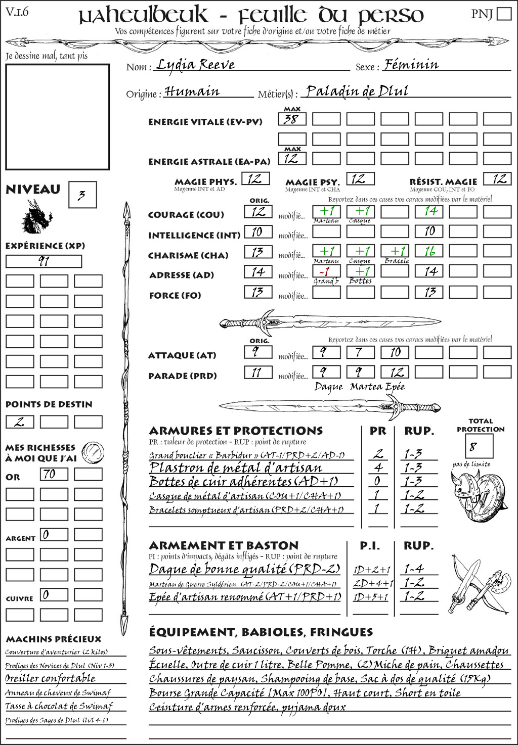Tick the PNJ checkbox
pyautogui.click(x=504, y=14)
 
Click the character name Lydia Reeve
pyautogui.click(x=195, y=65)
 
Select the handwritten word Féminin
pyautogui.click(x=411, y=65)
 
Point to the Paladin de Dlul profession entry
pyautogui.click(x=357, y=91)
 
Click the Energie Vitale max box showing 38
pyautogui.click(x=292, y=119)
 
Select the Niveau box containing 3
pyautogui.click(x=82, y=195)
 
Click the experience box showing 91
pyautogui.click(x=44, y=261)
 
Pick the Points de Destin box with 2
pyautogui.click(x=20, y=422)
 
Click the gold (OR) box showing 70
pyautogui.click(x=54, y=474)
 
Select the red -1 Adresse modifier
pyautogui.click(x=326, y=271)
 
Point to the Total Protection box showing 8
pyautogui.click(x=479, y=446)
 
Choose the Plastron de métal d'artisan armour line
pyautogui.click(x=236, y=468)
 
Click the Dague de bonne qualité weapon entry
pyautogui.click(x=244, y=569)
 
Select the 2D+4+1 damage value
pyautogui.click(x=373, y=583)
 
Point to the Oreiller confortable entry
pyautogui.click(x=50, y=678)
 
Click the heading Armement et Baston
pyautogui.click(x=224, y=545)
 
